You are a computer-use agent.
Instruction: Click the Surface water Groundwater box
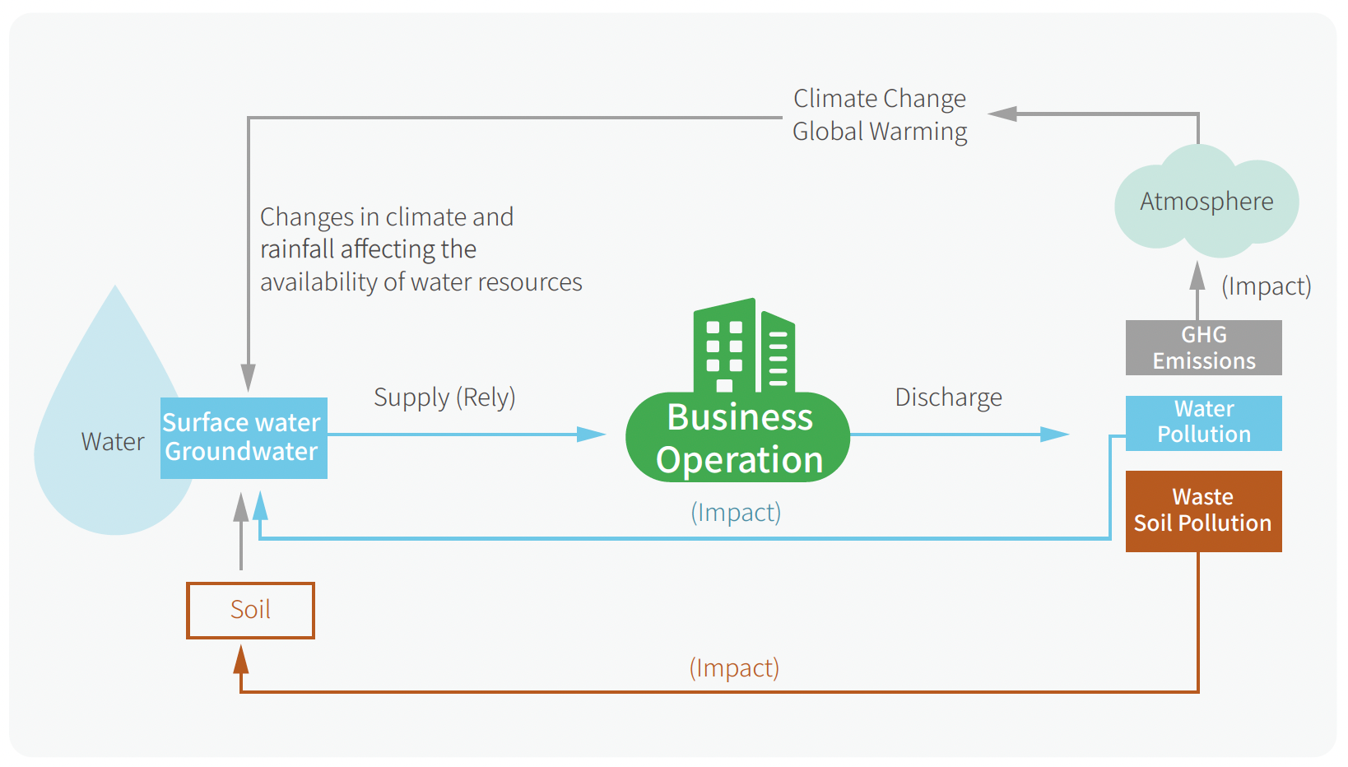[x=244, y=438]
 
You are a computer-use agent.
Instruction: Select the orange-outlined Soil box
[x=250, y=610]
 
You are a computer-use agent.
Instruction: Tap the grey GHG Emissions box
[x=1203, y=347]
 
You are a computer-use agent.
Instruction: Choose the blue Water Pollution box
[x=1203, y=422]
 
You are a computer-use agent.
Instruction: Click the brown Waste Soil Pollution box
[x=1203, y=510]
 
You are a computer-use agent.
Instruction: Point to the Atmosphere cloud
[x=1206, y=202]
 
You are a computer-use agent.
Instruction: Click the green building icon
[x=743, y=346]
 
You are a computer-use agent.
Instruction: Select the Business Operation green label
[x=738, y=439]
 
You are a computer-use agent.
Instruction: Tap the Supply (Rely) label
[x=444, y=397]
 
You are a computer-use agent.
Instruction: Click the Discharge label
[x=948, y=397]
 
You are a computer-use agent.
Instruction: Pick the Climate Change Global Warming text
[x=879, y=115]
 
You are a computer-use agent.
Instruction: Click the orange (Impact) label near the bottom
[x=734, y=667]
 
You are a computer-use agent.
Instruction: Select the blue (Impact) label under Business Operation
[x=735, y=513]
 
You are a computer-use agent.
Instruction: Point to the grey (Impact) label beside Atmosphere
[x=1266, y=286]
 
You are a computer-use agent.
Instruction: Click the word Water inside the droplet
[x=113, y=442]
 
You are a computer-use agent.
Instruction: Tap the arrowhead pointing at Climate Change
[x=1002, y=114]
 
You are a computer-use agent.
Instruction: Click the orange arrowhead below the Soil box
[x=241, y=659]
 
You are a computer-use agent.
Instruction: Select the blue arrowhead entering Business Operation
[x=591, y=434]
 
